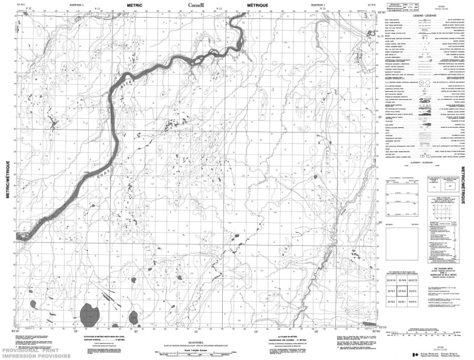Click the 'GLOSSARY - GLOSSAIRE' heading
point(422,162)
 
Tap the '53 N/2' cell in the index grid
point(391,302)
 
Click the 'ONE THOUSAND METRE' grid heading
point(403,263)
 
